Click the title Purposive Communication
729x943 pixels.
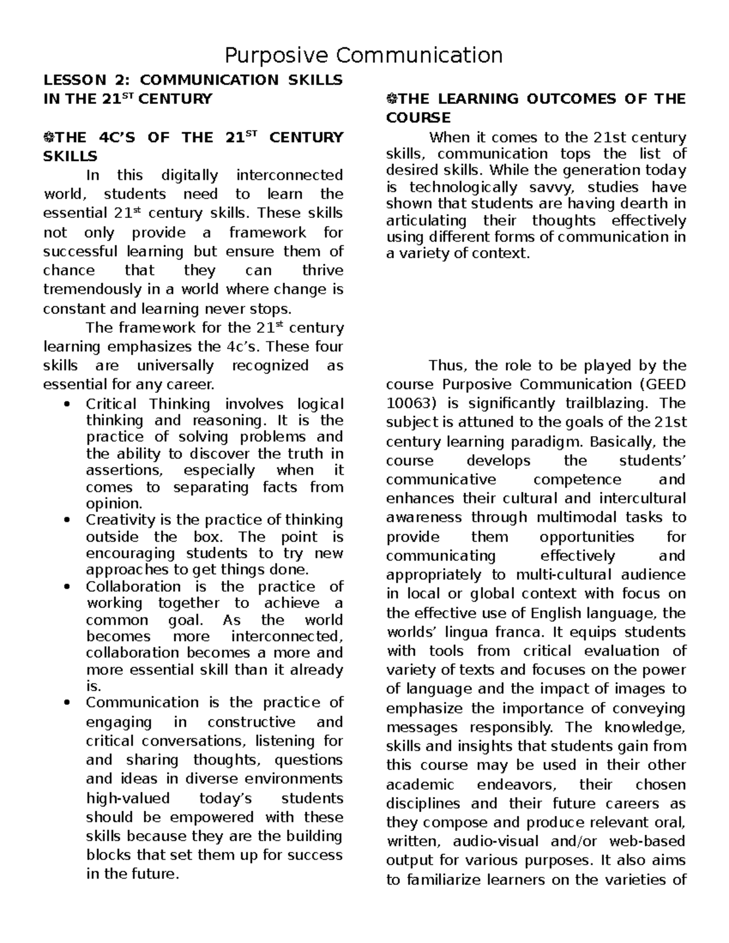coord(363,55)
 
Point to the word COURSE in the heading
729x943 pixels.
coord(418,118)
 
